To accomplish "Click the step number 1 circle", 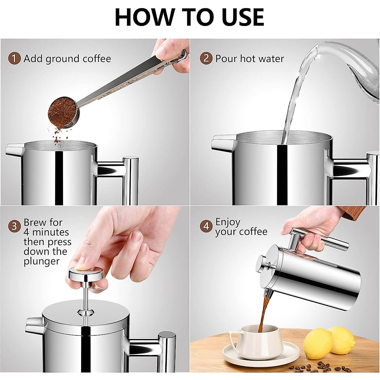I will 14,59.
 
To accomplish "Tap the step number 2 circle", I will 206,59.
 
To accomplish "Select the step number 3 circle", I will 14,226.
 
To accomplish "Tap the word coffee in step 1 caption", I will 97,59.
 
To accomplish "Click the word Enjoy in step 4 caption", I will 228,222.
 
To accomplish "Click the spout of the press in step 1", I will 14,149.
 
